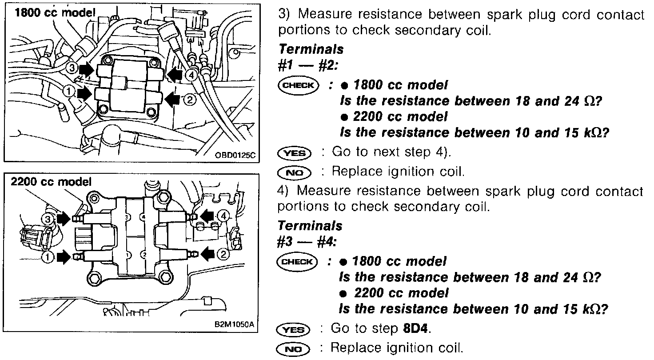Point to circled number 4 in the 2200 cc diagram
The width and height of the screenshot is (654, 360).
pyautogui.click(x=224, y=216)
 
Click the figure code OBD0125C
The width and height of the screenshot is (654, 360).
pyautogui.click(x=234, y=155)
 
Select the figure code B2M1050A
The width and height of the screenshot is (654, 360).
pyautogui.click(x=234, y=324)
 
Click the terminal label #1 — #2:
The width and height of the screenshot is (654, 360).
pyautogui.click(x=308, y=65)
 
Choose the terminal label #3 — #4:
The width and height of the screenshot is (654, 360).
pyautogui.click(x=307, y=242)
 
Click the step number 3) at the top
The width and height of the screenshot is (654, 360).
pyautogui.click(x=283, y=15)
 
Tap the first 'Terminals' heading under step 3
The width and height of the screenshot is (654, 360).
pyautogui.click(x=310, y=49)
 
